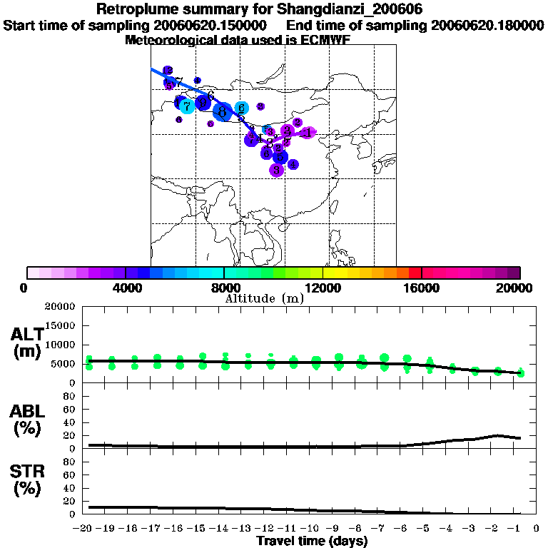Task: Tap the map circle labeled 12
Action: pos(168,70)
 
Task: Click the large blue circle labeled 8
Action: pos(223,111)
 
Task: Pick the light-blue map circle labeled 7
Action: pos(187,106)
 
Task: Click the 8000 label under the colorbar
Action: pos(225,288)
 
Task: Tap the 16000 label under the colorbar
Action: pos(422,288)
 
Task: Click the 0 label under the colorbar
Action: pos(25,288)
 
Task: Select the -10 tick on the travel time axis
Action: pos(314,529)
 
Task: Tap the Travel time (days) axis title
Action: pos(312,541)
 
